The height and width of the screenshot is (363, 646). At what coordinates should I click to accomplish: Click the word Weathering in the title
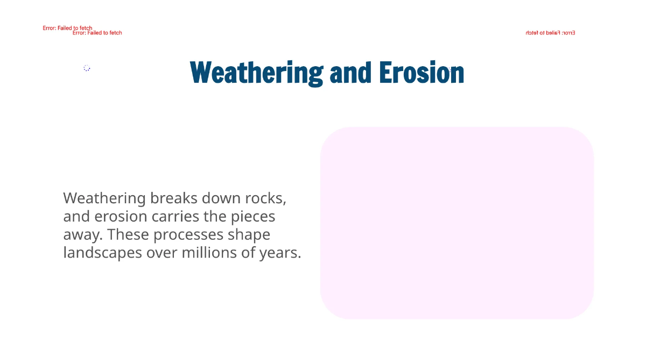(256, 73)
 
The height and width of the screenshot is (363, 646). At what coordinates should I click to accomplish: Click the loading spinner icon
(87, 68)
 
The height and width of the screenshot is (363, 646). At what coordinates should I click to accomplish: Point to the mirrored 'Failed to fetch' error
(550, 33)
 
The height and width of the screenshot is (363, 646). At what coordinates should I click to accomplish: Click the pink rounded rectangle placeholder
(457, 223)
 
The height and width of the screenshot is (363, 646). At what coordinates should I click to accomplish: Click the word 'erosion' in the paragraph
(121, 216)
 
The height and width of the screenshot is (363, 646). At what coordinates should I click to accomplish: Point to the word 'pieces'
(253, 216)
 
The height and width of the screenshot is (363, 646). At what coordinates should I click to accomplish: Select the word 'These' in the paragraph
(128, 234)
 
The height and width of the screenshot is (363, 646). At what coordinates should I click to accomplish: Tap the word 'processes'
(188, 234)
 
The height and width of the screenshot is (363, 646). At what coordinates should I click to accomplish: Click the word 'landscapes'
(102, 252)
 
